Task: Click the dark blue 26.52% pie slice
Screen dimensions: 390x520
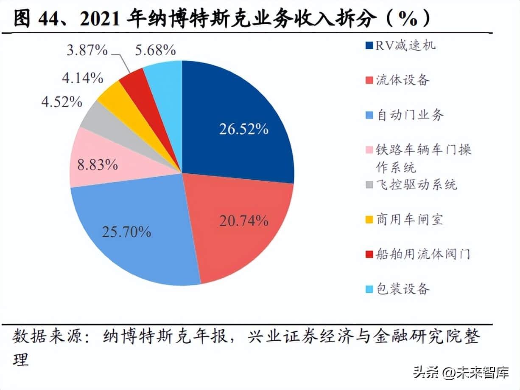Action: [x=238, y=123]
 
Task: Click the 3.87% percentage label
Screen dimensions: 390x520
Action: [x=88, y=51]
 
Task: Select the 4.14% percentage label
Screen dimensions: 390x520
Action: [x=82, y=78]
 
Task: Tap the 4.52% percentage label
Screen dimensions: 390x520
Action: [x=62, y=102]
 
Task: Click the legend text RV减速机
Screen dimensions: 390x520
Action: [x=405, y=45]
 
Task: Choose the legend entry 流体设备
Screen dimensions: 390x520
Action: [x=402, y=80]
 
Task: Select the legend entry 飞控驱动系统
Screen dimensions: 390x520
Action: [x=417, y=185]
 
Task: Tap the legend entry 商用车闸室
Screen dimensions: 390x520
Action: [x=410, y=219]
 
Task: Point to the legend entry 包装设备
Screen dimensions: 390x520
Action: [x=402, y=289]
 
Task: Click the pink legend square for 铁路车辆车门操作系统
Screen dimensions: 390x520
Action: [x=369, y=150]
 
